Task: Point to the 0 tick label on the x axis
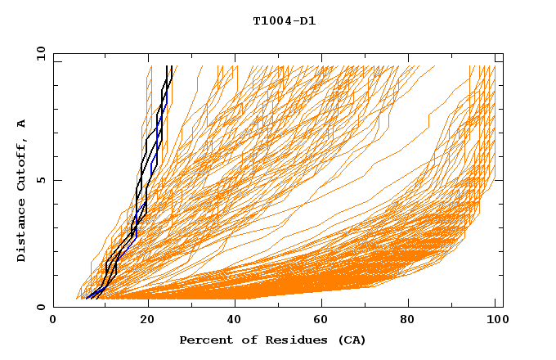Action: (x=53, y=321)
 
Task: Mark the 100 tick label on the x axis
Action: (x=495, y=321)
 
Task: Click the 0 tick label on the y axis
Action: (x=40, y=307)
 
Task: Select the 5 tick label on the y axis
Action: (x=40, y=180)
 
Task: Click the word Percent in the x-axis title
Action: (x=202, y=340)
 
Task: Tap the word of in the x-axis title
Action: (x=241, y=340)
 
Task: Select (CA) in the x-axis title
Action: (x=347, y=340)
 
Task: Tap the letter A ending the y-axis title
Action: (x=22, y=123)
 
